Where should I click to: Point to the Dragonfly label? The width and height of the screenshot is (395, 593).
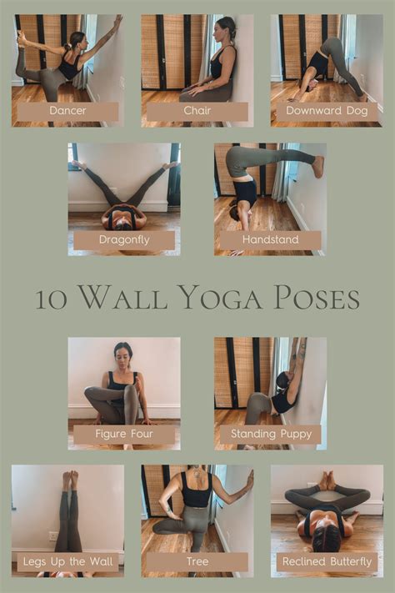124,240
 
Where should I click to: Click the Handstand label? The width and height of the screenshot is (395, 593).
270,240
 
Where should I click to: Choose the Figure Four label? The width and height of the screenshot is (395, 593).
124,435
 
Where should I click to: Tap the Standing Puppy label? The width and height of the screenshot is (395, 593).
270,435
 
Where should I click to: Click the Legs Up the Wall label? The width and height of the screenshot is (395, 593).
67,562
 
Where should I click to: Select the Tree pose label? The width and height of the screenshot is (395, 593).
197,562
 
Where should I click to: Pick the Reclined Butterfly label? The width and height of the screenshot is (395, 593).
327,562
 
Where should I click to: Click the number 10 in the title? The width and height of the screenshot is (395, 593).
52,299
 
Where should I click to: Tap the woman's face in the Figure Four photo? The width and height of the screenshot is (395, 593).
123,353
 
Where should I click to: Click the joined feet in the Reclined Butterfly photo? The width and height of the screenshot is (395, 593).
327,480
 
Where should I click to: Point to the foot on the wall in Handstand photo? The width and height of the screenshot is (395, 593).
317,166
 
